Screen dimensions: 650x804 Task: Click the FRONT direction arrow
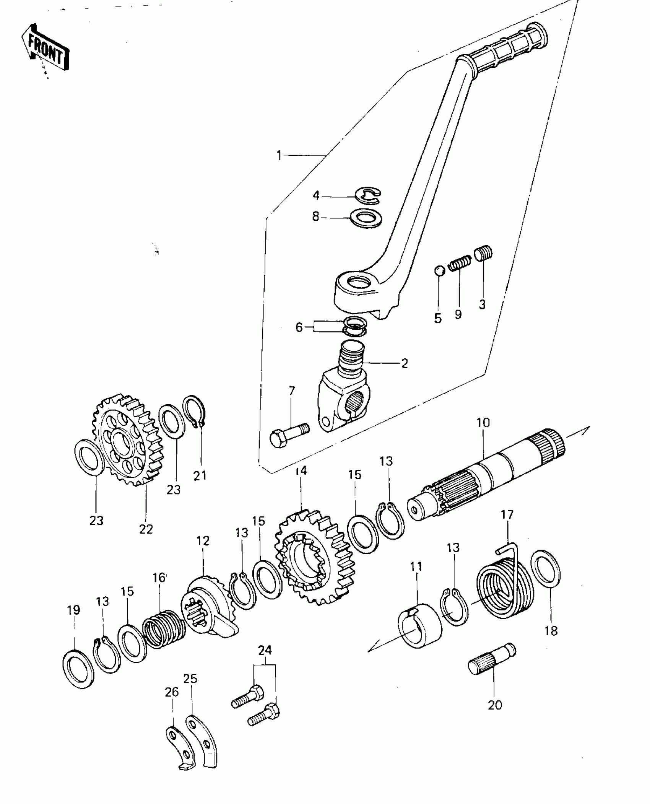tap(45, 49)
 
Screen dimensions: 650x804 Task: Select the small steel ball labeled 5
tap(439, 270)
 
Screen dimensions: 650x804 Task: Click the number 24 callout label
tap(265, 650)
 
